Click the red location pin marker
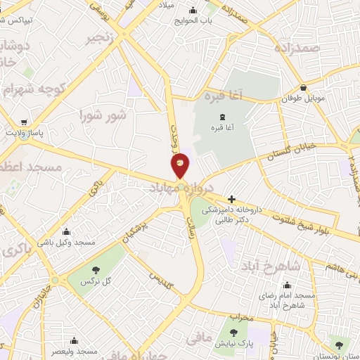pos(181,165)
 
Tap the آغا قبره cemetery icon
pos(223,116)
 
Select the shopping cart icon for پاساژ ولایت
pos(25,120)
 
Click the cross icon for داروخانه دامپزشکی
pos(232,199)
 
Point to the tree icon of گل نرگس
pos(96,269)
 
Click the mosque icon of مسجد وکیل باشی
pos(67,231)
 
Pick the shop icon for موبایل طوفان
pos(303,88)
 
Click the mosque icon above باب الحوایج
pos(193,10)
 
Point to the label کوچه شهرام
pos(33,90)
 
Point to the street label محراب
pos(240,317)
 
